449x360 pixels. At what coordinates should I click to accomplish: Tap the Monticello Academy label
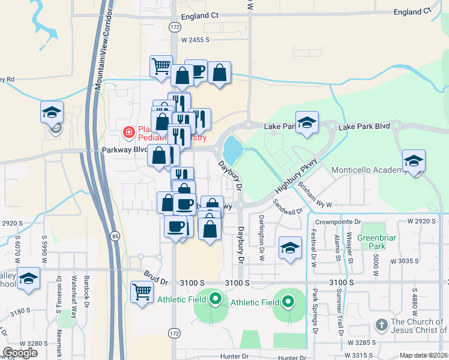369,170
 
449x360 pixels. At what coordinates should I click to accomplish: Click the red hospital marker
128,131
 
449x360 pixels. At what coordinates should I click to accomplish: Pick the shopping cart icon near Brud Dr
142,292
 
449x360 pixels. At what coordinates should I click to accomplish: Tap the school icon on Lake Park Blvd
307,123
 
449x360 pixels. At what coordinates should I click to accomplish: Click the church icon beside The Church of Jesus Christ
381,325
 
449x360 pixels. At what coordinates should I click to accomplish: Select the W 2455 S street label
195,40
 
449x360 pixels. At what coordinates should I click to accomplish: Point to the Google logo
20,353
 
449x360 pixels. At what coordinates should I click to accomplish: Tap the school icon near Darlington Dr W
290,247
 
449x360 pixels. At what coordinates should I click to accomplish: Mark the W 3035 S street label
403,261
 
